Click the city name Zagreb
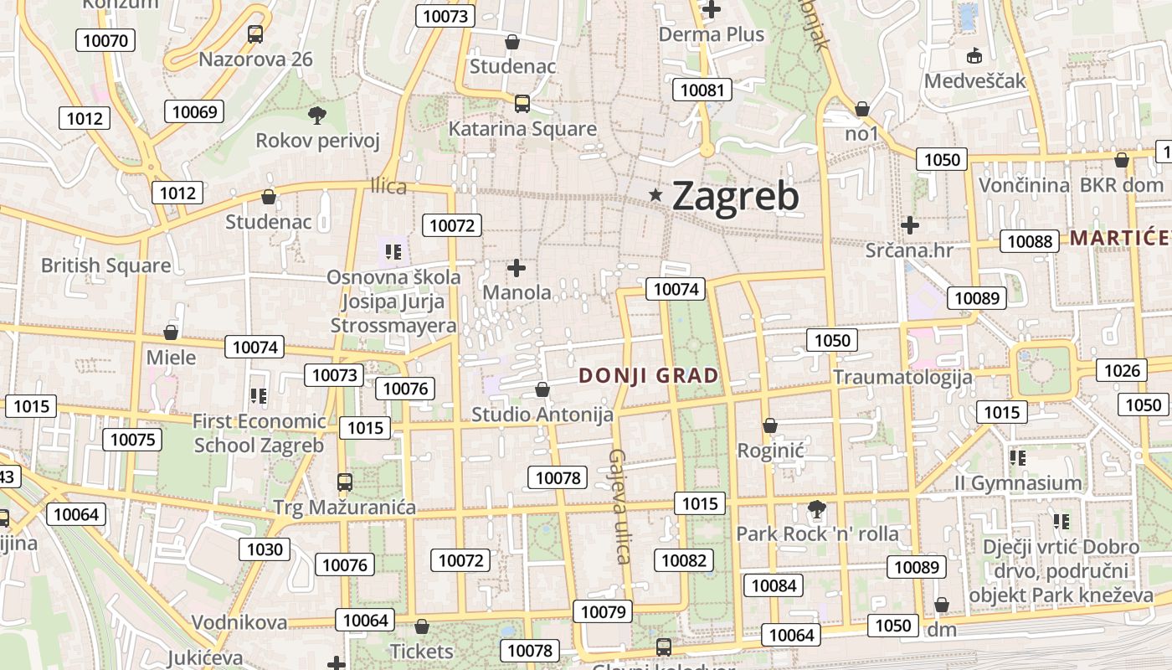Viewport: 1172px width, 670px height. tap(735, 196)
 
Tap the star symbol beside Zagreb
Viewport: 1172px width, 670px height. tap(656, 195)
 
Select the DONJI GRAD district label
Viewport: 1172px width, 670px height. tap(649, 376)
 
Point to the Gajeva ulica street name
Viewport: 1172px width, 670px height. tap(619, 506)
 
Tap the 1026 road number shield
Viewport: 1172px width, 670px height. tap(1123, 370)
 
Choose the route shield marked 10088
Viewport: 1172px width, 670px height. tap(1030, 241)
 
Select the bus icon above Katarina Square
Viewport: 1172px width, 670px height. tap(522, 104)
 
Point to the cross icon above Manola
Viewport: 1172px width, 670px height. tap(517, 268)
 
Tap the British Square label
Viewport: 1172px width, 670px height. tap(105, 265)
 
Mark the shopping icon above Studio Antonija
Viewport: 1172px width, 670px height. tap(542, 389)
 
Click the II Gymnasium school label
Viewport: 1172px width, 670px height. tap(1018, 483)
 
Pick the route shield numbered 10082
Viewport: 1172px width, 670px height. tap(684, 560)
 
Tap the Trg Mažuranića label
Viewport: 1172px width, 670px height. tap(344, 508)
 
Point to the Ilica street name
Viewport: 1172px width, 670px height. tap(388, 186)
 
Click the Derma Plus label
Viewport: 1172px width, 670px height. tap(712, 34)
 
